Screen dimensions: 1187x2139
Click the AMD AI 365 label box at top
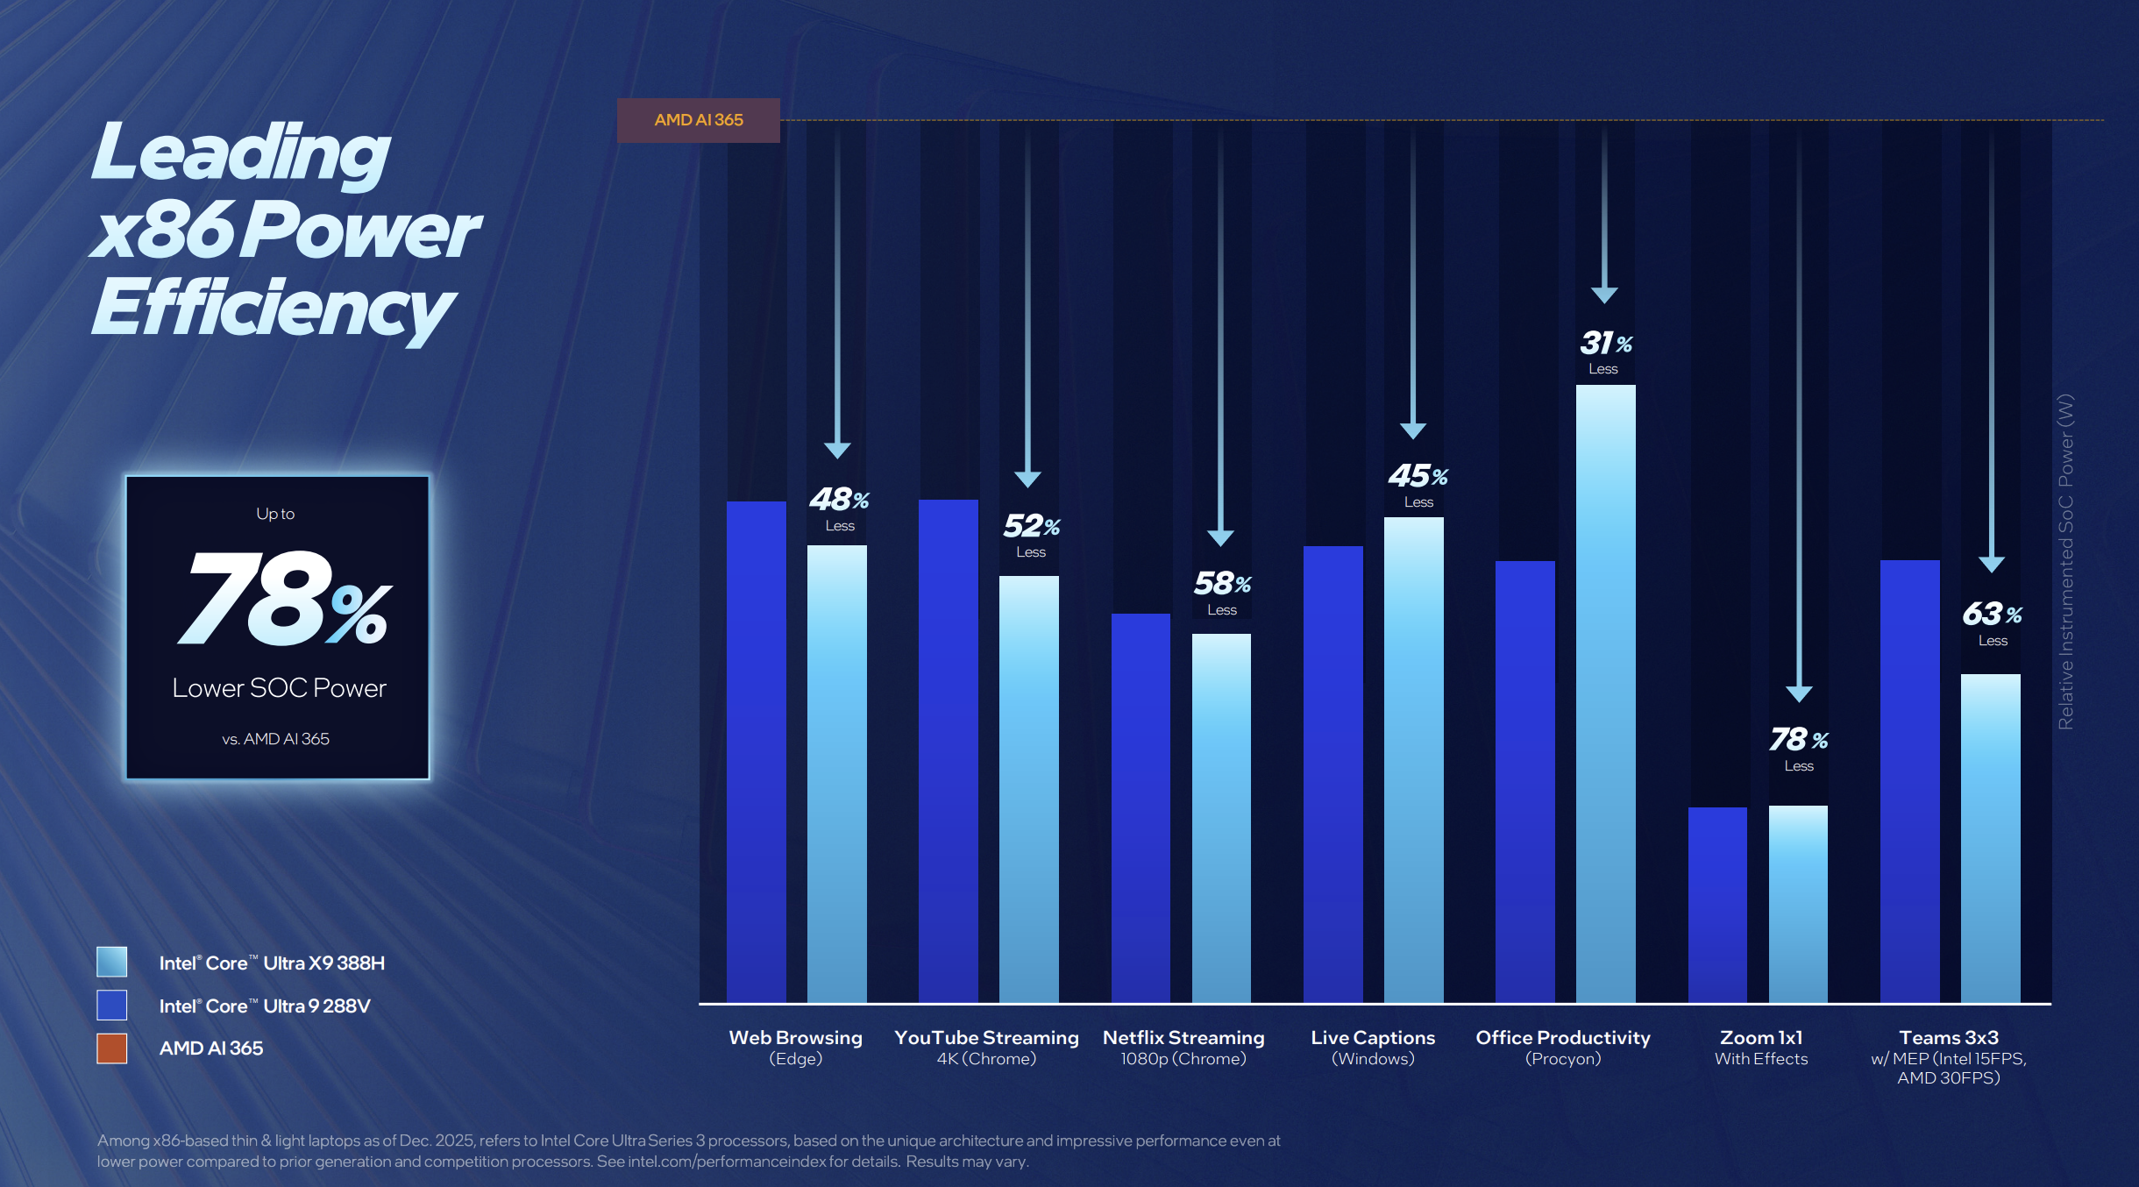tap(698, 120)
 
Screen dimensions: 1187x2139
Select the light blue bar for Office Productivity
tap(1605, 693)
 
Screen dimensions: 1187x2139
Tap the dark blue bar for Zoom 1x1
tap(1717, 903)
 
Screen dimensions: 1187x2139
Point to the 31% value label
tap(1605, 343)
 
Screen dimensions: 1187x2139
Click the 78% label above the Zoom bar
tap(1798, 740)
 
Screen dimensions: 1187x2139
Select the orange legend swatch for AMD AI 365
tap(112, 1048)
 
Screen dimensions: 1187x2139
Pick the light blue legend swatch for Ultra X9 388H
tap(112, 962)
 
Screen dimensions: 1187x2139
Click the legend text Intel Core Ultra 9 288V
tap(265, 1006)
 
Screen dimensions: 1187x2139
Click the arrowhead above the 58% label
tap(1220, 537)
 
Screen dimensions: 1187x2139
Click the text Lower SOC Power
tap(279, 688)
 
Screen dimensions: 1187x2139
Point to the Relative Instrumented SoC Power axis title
tap(2065, 561)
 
